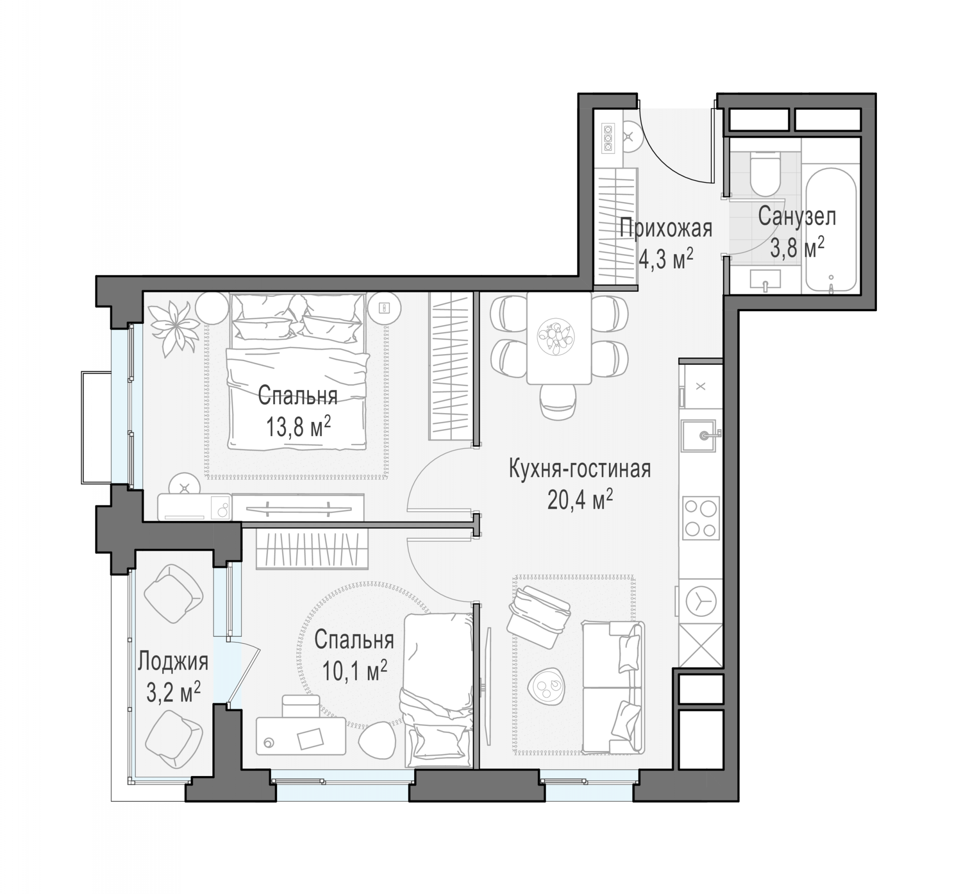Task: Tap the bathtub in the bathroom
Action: coord(831,230)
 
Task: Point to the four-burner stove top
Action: coord(700,518)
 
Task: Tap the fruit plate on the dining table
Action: coord(556,337)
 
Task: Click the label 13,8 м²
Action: coord(299,427)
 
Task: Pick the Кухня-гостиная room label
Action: coord(580,469)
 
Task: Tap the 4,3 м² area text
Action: coord(666,259)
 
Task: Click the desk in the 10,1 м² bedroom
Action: coord(301,736)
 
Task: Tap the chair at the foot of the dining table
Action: coord(559,402)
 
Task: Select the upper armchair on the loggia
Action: coord(173,594)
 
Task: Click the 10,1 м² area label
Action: coord(354,671)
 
